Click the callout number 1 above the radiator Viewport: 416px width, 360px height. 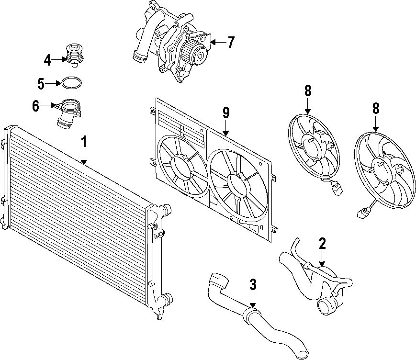click(x=84, y=142)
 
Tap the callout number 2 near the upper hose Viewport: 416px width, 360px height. click(x=322, y=244)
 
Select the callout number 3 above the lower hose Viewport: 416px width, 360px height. click(x=253, y=285)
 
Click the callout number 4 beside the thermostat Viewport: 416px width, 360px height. click(x=47, y=60)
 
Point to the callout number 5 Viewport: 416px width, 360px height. click(x=41, y=84)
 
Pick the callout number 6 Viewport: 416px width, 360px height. click(x=36, y=106)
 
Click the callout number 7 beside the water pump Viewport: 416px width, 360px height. click(x=231, y=43)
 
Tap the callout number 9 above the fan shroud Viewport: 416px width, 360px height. click(x=226, y=113)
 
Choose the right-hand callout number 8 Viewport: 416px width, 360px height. click(x=376, y=109)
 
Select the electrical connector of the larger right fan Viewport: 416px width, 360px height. click(x=362, y=212)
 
